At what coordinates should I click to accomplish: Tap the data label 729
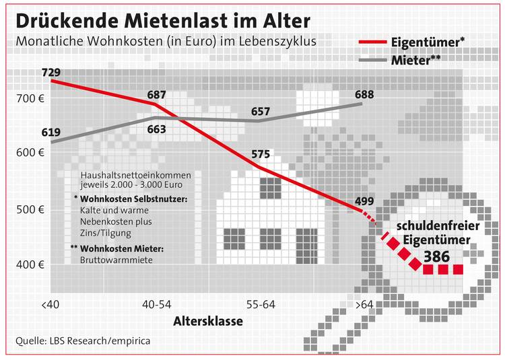50,72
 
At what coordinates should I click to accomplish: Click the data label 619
50,132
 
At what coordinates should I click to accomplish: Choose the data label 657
260,111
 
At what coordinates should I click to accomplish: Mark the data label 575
260,154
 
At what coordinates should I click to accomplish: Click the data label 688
364,94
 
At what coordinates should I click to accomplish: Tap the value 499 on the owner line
364,201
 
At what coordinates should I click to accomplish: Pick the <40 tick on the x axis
50,305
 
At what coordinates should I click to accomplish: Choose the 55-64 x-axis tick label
260,305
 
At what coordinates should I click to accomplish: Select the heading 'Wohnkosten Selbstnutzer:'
133,199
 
